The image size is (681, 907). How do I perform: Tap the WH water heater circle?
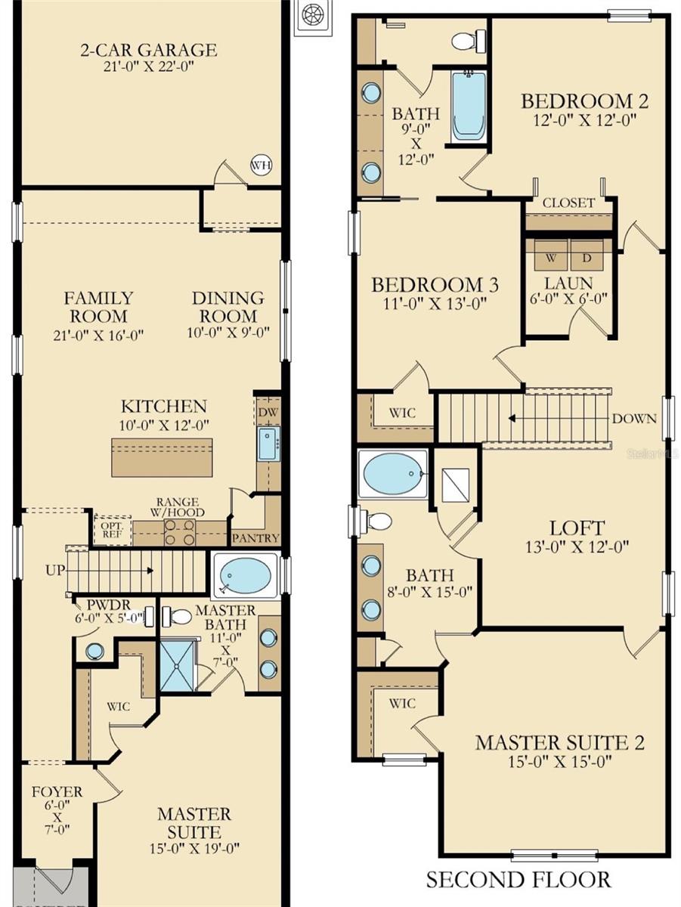tap(261, 166)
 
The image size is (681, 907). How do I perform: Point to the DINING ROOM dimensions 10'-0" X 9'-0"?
tap(228, 333)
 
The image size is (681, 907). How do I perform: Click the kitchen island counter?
tap(162, 457)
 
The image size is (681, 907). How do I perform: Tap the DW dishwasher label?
tap(267, 413)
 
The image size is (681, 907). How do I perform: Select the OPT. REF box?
tap(111, 529)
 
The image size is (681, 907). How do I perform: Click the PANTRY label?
tap(255, 539)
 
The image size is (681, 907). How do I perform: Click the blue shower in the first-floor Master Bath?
tap(177, 666)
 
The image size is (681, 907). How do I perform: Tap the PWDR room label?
tap(104, 605)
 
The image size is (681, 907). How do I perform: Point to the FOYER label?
tap(57, 792)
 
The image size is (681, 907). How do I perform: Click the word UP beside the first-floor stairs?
tap(54, 571)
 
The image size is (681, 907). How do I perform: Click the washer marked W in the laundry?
tap(551, 256)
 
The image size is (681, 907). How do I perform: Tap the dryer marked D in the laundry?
tap(587, 256)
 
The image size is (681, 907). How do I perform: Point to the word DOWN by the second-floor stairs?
tap(634, 418)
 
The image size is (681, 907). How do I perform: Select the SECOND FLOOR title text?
tap(518, 880)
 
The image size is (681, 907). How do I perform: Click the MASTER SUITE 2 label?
tap(559, 742)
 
